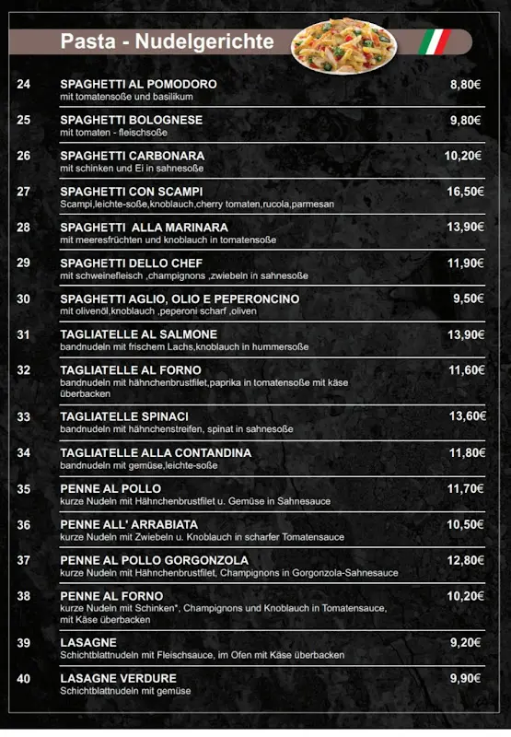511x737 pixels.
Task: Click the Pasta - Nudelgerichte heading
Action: pos(167,41)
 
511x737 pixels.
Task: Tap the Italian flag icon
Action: pos(434,41)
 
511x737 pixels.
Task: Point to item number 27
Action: pos(24,192)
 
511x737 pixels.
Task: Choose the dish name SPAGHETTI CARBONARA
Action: pos(133,156)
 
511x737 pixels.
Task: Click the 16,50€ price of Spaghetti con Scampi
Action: pos(464,192)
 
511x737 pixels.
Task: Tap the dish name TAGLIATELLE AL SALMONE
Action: pos(139,334)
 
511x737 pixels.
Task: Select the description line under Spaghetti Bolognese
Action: pos(113,133)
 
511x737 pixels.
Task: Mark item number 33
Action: pos(24,416)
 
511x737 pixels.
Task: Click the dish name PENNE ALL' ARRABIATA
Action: pos(129,524)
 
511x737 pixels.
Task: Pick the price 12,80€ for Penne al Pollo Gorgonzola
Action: pos(465,560)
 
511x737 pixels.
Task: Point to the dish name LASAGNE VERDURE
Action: pos(117,678)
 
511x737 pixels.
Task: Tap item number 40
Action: pos(24,678)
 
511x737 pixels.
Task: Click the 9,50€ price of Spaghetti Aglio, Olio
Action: pos(468,298)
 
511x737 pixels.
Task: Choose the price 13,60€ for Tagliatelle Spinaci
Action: pos(467,416)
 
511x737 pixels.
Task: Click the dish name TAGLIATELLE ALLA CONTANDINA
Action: pos(156,452)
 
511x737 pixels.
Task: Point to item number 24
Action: pos(24,84)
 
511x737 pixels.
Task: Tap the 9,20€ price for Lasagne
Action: pos(466,642)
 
